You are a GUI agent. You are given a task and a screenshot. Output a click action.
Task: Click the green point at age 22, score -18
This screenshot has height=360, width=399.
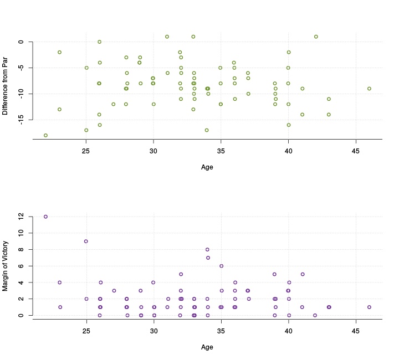pos(45,135)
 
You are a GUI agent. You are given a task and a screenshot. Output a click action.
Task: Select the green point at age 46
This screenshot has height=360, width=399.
pos(369,89)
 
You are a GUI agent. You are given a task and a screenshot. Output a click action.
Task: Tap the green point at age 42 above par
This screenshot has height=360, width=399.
pos(316,37)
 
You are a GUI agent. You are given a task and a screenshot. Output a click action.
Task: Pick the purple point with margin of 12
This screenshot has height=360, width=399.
pos(45,217)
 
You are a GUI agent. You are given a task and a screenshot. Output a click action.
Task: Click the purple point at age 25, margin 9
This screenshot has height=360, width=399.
pos(86,241)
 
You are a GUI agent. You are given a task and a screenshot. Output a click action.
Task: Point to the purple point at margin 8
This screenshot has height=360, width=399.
pos(207,250)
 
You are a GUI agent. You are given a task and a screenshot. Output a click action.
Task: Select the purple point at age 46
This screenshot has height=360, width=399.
pos(369,307)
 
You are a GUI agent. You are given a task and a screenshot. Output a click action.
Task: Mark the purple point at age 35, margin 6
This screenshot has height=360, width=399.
pos(221,266)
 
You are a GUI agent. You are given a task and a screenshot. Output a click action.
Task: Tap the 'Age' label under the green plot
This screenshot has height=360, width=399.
pos(207,166)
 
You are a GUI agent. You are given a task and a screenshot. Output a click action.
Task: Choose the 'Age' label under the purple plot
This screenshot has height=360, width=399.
pos(207,347)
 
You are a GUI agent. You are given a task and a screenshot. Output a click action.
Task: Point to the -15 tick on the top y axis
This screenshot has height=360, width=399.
pos(21,120)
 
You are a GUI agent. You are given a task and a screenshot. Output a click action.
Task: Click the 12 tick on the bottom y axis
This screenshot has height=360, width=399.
pos(21,217)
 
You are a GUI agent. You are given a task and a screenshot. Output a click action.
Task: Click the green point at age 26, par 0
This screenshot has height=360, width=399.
pos(99,42)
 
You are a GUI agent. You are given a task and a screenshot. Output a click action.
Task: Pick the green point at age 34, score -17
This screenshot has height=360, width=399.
pos(207,130)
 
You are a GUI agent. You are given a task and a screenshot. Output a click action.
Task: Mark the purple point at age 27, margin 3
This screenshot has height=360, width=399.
pos(114,291)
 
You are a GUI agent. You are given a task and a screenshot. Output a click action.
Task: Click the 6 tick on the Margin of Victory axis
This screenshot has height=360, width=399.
pos(21,266)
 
